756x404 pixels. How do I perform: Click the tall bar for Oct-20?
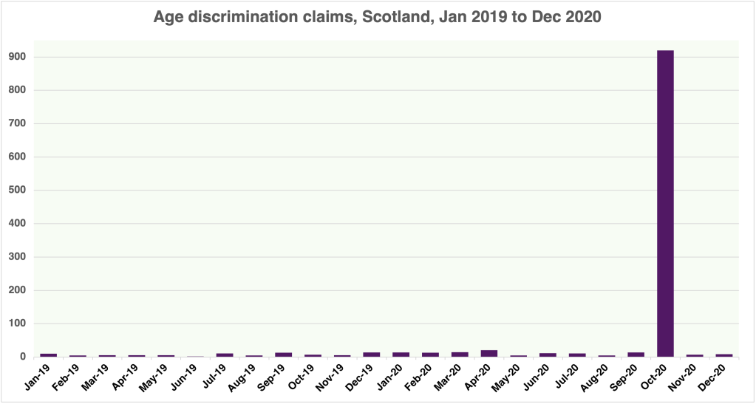pos(665,203)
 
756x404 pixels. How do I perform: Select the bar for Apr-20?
pos(489,353)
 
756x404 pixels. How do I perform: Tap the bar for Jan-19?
pos(49,355)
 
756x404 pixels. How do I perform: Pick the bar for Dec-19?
pos(372,355)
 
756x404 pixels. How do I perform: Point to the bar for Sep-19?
pos(284,355)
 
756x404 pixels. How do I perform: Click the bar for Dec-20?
pos(724,355)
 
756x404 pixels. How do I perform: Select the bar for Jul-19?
pos(225,355)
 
